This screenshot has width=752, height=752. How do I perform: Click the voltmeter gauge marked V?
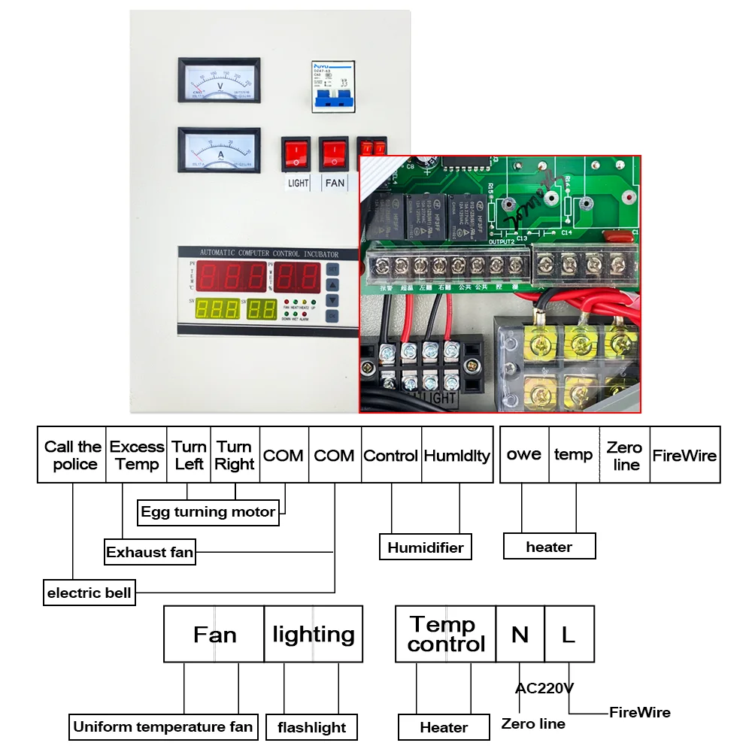[x=219, y=80]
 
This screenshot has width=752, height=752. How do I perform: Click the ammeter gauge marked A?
[x=219, y=149]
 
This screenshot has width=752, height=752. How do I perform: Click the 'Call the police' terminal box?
[x=73, y=455]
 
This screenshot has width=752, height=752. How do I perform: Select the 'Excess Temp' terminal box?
[x=137, y=455]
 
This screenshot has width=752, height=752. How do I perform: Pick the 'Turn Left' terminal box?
[x=189, y=455]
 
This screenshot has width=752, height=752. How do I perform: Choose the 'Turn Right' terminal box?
[x=235, y=455]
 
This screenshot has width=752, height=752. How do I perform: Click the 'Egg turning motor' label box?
[x=208, y=512]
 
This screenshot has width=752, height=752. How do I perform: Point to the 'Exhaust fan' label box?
[x=150, y=552]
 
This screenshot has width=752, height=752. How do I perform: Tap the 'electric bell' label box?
[x=89, y=593]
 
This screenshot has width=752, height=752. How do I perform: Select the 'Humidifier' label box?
[x=426, y=547]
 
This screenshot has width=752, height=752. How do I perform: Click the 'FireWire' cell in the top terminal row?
[x=684, y=455]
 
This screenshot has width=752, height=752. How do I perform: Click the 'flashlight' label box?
[x=311, y=727]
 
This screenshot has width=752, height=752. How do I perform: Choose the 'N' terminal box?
[x=520, y=634]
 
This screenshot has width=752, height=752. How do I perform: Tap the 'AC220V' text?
[x=544, y=687]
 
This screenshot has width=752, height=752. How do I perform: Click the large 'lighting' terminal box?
[x=313, y=634]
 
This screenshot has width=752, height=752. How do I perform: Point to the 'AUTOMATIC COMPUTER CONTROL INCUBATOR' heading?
[x=268, y=254]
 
